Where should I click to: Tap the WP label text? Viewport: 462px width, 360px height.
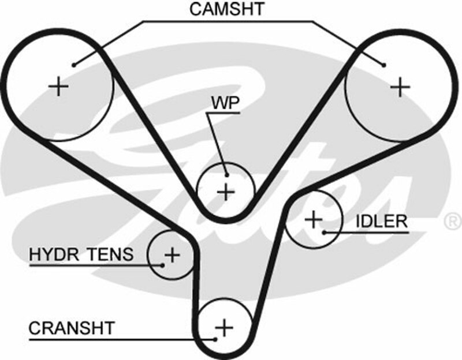(x=225, y=103)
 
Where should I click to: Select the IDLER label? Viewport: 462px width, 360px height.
(x=382, y=220)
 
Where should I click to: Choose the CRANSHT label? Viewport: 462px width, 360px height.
(x=72, y=328)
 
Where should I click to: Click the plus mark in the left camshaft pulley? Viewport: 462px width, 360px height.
(x=59, y=87)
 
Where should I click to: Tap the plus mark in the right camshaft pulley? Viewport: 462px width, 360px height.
(x=400, y=87)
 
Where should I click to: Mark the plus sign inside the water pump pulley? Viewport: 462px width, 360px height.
(x=226, y=190)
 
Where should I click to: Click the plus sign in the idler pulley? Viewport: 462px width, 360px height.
(x=314, y=219)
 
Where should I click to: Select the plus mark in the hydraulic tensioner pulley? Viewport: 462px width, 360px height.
(x=172, y=254)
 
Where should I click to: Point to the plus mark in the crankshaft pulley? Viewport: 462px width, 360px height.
(x=223, y=328)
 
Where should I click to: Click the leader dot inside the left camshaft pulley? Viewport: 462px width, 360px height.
(x=74, y=64)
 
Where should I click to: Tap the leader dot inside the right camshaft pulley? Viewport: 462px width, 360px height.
(x=383, y=64)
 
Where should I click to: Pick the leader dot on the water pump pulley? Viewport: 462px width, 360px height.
(x=227, y=175)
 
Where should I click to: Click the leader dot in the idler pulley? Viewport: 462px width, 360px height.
(x=325, y=232)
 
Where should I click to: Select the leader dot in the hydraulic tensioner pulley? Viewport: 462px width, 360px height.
(x=163, y=265)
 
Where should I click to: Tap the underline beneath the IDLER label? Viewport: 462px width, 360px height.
(x=370, y=232)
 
